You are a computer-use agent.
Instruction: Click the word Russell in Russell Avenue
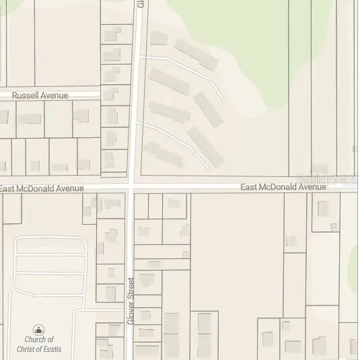(x=26, y=96)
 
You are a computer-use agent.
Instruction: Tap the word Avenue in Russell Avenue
(x=55, y=96)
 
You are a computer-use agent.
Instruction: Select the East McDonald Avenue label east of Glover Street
(x=283, y=187)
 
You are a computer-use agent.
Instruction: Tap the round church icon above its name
(x=39, y=330)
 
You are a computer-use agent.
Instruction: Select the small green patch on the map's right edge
(x=355, y=259)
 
